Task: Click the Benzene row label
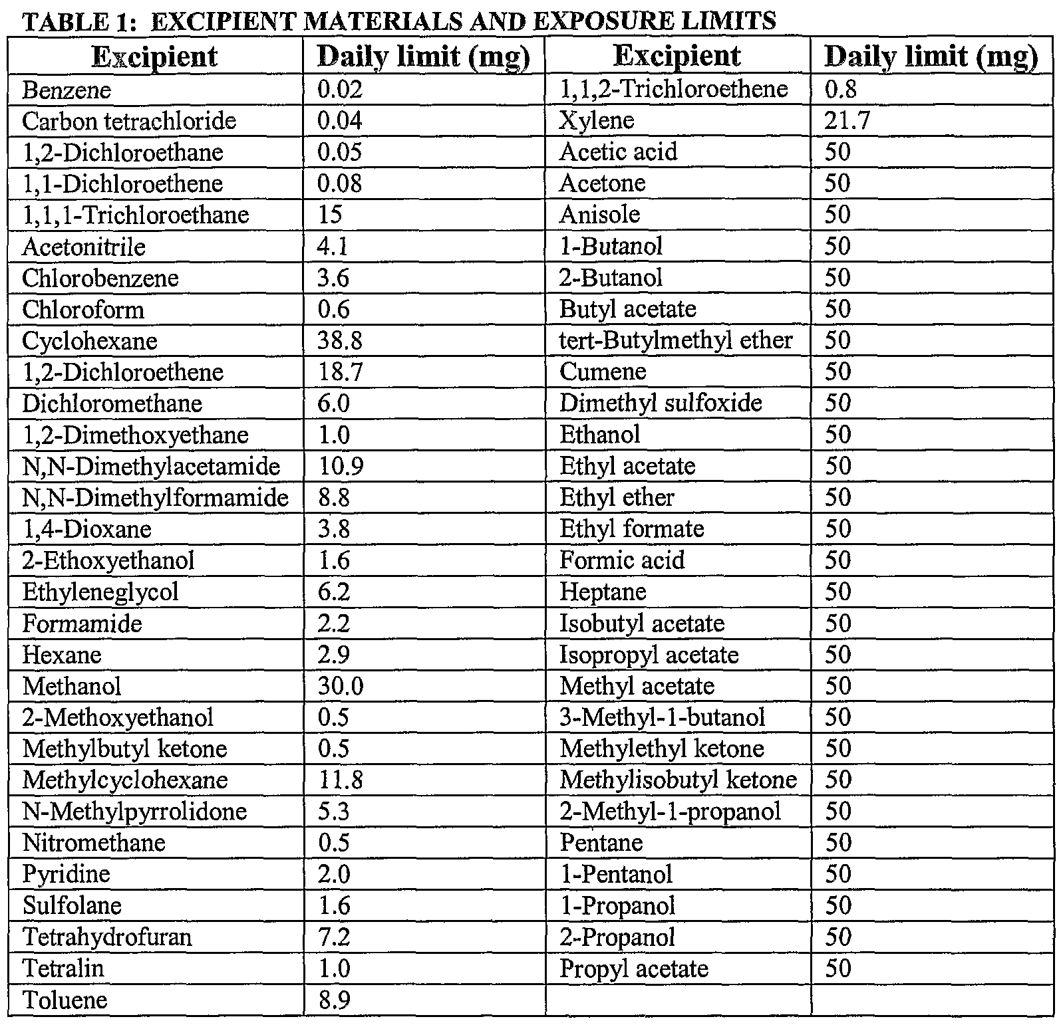pyautogui.click(x=67, y=90)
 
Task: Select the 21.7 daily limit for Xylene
pyautogui.click(x=847, y=120)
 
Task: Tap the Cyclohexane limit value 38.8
pyautogui.click(x=340, y=341)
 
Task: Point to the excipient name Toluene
pyautogui.click(x=65, y=1000)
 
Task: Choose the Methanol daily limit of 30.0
pyautogui.click(x=341, y=686)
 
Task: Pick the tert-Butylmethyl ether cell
pyautogui.click(x=676, y=340)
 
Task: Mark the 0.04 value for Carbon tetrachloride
pyautogui.click(x=340, y=121)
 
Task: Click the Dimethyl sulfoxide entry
pyautogui.click(x=661, y=403)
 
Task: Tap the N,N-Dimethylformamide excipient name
pyautogui.click(x=155, y=497)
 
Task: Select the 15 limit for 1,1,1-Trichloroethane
pyautogui.click(x=330, y=215)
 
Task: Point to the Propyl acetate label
pyautogui.click(x=634, y=968)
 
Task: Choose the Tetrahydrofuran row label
pyautogui.click(x=107, y=937)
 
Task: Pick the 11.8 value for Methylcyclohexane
pyautogui.click(x=341, y=780)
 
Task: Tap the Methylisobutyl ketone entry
pyautogui.click(x=678, y=780)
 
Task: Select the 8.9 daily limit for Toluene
pyautogui.click(x=335, y=1000)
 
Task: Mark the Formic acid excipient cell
pyautogui.click(x=622, y=560)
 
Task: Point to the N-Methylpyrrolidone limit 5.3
pyautogui.click(x=334, y=811)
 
